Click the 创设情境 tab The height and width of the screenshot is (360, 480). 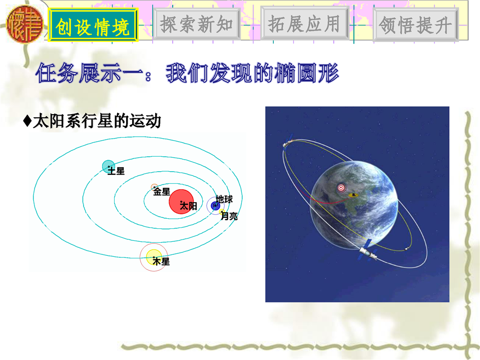point(93,25)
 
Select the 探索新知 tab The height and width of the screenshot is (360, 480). point(197,24)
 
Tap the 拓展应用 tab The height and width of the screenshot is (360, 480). point(304,24)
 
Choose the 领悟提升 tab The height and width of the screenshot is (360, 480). point(415,25)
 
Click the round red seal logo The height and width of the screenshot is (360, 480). point(25,24)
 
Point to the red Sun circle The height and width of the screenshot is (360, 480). point(181,201)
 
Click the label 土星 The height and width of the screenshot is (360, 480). point(116,171)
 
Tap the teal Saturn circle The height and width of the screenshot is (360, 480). point(109,166)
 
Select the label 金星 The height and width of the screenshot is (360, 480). point(162,192)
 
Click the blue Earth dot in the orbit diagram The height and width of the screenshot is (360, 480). point(215,206)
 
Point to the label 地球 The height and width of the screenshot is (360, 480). point(224,199)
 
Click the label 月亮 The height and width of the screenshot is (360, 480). point(229,216)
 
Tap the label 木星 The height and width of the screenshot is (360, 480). point(161,262)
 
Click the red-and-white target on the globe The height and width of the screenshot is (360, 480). point(341,187)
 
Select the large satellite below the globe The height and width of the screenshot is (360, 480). point(368,251)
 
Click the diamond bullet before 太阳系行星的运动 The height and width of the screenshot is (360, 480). point(27,121)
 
